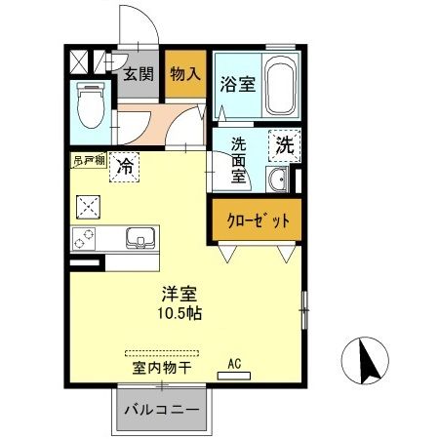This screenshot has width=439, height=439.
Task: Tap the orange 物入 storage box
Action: pos(185,73)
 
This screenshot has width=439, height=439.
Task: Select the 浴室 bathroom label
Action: pos(239,84)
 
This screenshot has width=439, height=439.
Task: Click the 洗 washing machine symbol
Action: pos(284,147)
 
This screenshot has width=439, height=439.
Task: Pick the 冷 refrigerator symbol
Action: pos(125,167)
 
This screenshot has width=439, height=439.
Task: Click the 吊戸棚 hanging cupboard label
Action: pos(87,157)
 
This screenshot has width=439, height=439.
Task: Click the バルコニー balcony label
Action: pos(162,410)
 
